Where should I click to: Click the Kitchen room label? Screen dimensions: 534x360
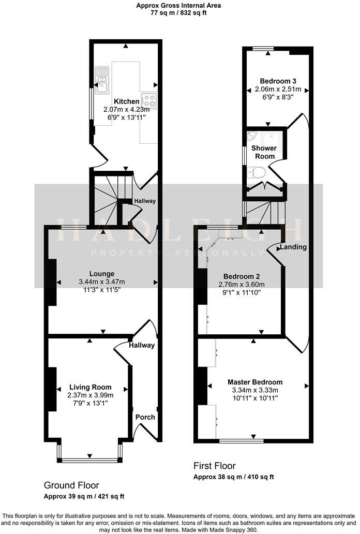coord(126,101)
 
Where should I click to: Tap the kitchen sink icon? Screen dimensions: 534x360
coord(101,77)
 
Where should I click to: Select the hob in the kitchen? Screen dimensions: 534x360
coord(149,98)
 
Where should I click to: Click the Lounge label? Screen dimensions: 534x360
coord(101,274)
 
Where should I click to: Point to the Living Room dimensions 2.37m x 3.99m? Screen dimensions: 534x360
coord(90,395)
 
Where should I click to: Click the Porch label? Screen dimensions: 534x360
coord(145,417)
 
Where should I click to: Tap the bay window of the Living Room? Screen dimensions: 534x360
coord(90,459)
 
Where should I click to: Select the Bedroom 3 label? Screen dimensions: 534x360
coord(278,81)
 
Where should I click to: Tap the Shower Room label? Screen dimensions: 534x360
coord(263,152)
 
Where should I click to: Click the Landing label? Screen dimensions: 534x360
coord(294,247)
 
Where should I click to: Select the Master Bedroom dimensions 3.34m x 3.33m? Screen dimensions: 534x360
coord(255,390)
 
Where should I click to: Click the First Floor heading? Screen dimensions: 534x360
coord(214,466)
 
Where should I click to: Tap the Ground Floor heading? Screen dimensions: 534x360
coord(71,485)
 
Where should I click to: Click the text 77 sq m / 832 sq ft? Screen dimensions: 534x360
coord(178,13)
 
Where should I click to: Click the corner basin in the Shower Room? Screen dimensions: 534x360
coord(252,136)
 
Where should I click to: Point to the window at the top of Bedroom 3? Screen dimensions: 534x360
coord(263,49)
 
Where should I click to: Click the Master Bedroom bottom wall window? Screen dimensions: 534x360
coord(242,441)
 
